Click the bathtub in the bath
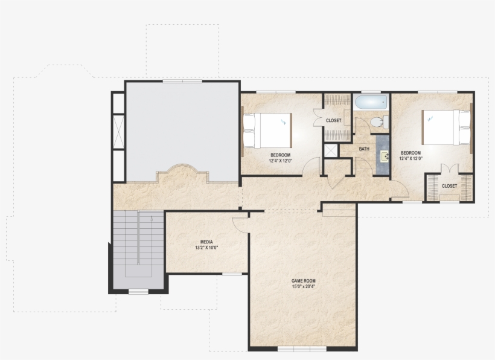[x=371, y=101]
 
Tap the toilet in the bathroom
[x=378, y=122]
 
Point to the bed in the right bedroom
[x=446, y=127]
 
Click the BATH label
[x=364, y=149]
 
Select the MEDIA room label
[x=206, y=242]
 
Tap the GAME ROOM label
[x=304, y=281]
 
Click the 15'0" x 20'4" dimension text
[x=304, y=287]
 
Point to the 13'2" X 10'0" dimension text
[x=206, y=248]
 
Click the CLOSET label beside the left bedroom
[x=334, y=121]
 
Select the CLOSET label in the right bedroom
[x=449, y=186]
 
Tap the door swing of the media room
[x=240, y=223]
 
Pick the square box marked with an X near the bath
[x=331, y=150]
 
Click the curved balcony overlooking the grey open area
[x=182, y=175]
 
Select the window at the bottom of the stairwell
[x=138, y=292]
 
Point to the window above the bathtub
[x=371, y=92]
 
